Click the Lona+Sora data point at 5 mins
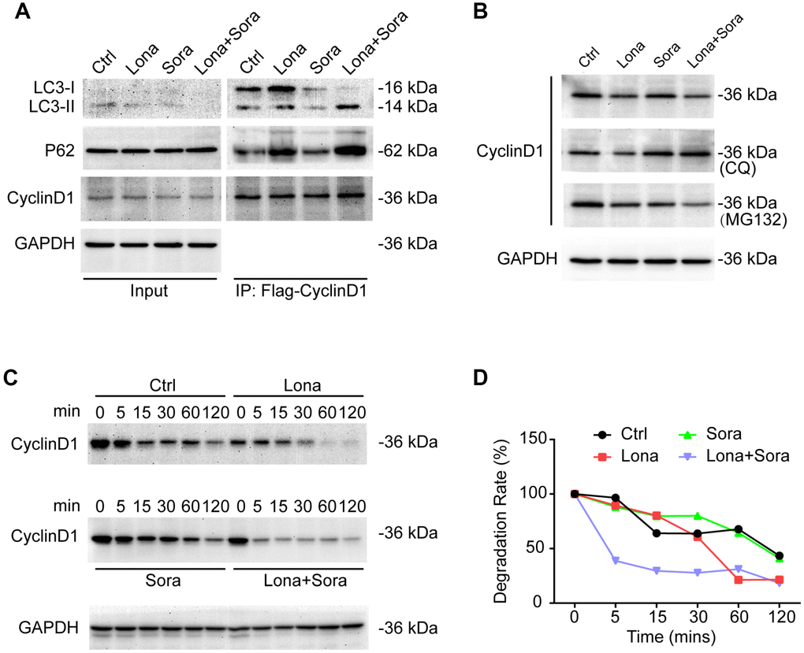[604, 561]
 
